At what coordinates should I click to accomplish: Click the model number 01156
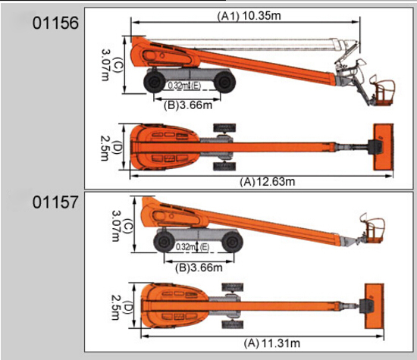(x=55, y=23)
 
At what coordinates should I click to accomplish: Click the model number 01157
(x=55, y=202)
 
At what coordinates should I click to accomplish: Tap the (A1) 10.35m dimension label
(x=249, y=16)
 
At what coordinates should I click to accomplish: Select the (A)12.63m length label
(x=268, y=182)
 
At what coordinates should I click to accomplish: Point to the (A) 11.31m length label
(x=271, y=343)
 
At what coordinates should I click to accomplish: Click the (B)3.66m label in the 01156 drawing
(x=188, y=105)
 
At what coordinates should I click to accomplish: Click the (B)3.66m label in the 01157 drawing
(x=199, y=268)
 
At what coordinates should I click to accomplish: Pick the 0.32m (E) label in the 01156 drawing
(x=184, y=86)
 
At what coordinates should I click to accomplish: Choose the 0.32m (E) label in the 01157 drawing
(x=193, y=247)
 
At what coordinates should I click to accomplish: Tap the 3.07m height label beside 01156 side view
(x=105, y=64)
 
